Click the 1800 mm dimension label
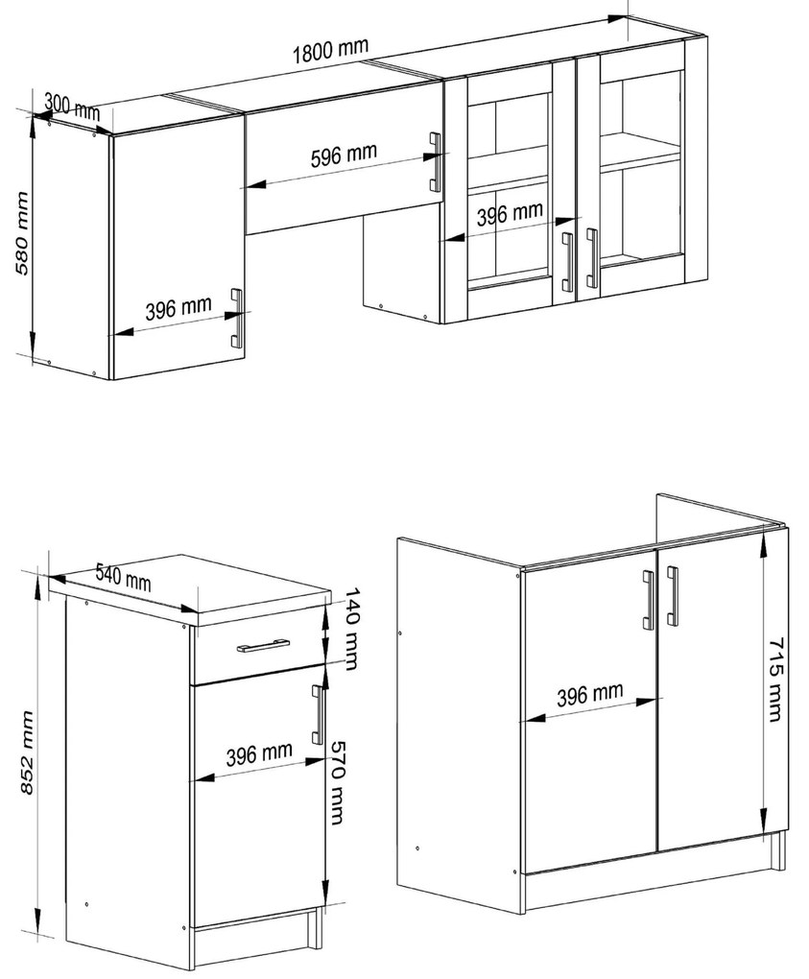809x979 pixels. [331, 50]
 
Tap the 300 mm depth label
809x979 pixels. [72, 107]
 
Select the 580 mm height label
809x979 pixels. [22, 233]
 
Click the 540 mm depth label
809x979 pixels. [124, 577]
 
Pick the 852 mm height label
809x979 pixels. [26, 752]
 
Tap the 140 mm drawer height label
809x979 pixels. [352, 629]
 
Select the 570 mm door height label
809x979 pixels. [338, 782]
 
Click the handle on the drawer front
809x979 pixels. [263, 645]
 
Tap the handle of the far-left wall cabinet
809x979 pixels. [236, 318]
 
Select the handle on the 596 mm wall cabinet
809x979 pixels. [435, 162]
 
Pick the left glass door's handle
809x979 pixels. [567, 262]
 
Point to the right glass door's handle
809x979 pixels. [591, 258]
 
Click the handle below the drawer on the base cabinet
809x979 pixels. [318, 714]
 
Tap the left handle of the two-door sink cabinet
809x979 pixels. [649, 600]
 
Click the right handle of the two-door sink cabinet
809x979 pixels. [673, 596]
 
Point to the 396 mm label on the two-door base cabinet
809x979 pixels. [590, 694]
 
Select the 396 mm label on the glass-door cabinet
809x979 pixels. [510, 213]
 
